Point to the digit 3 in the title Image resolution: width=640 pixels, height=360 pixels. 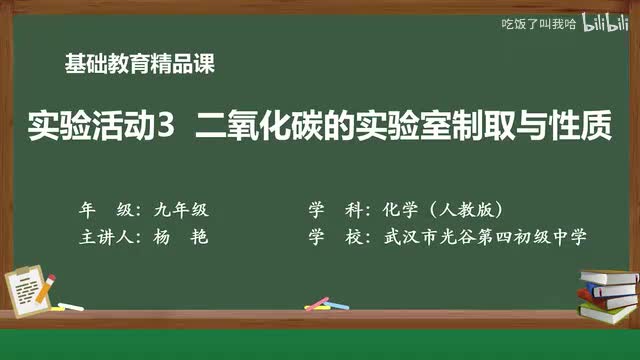166,128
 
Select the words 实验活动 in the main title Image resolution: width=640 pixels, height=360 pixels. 92,128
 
